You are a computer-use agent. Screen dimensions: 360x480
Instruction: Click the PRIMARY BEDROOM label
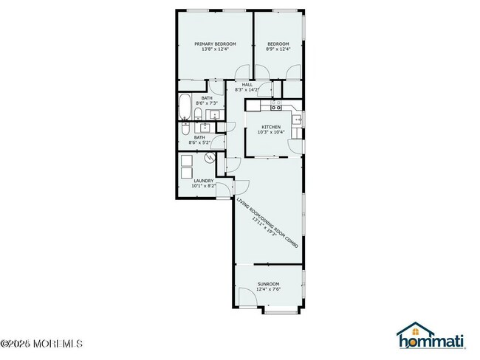215,44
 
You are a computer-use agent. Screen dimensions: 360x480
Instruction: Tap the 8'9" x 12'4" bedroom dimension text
278,49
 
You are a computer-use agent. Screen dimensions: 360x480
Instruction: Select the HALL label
247,84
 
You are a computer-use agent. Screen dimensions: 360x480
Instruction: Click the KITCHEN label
270,126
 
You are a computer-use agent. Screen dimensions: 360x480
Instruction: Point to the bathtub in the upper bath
185,108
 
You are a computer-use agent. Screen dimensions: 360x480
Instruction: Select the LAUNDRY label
204,181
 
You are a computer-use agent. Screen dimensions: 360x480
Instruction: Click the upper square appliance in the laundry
186,162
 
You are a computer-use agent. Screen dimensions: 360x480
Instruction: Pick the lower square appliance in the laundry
186,177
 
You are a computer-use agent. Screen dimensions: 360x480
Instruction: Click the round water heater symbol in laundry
210,157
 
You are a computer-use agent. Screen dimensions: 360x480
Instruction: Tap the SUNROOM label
268,284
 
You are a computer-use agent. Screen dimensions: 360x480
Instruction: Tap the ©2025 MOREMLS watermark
41,343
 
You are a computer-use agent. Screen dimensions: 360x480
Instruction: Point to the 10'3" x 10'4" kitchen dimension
270,132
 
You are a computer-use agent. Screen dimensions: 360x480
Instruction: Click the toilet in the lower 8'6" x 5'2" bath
188,128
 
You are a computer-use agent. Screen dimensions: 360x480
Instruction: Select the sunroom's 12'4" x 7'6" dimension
268,290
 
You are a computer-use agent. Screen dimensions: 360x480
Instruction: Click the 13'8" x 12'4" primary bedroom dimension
215,49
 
